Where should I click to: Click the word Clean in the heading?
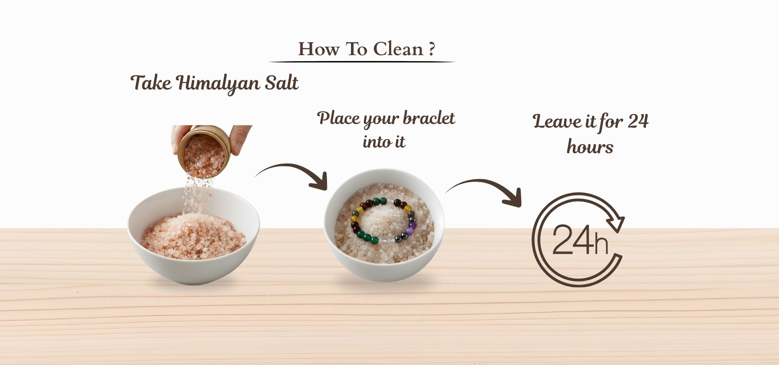coord(398,49)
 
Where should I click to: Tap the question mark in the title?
coord(432,49)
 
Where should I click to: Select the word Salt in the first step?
coord(282,82)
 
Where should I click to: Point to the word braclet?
coord(429,118)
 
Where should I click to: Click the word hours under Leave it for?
coord(590,146)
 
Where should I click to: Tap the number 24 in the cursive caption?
coord(638,121)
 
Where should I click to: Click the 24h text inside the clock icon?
coord(580,240)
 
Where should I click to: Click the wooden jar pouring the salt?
coord(204,151)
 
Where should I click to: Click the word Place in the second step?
coord(338,118)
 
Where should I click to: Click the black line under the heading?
coord(362,62)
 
